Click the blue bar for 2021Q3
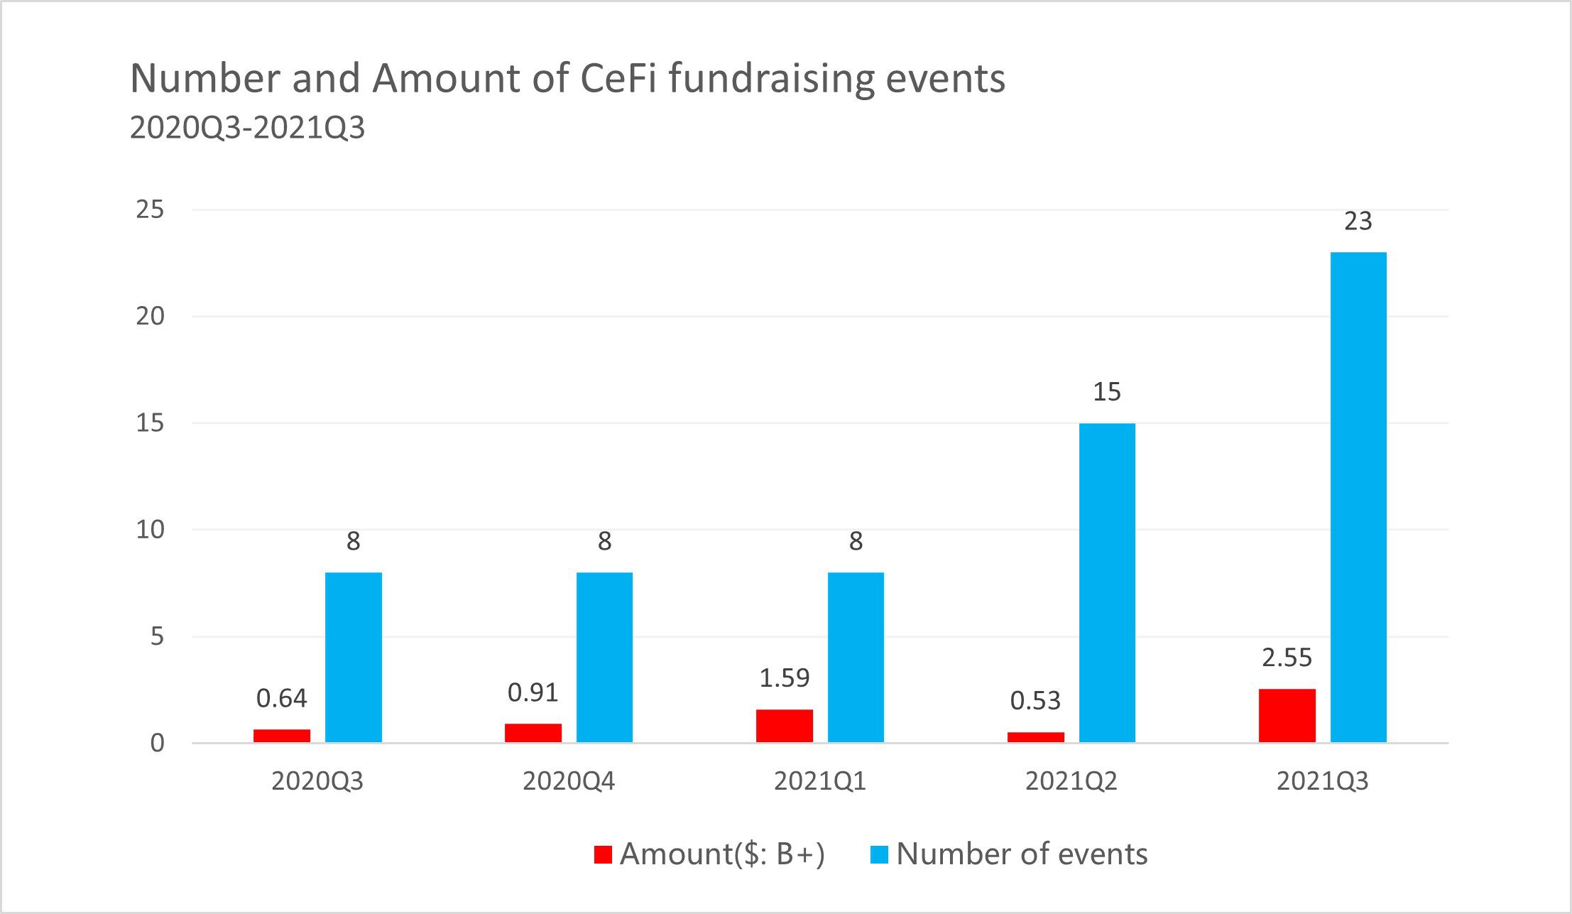pos(1358,497)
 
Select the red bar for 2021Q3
pos(1287,715)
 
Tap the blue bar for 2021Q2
pos(1107,582)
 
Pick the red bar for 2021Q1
pos(784,725)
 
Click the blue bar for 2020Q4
pos(604,657)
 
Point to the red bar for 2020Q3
pos(282,735)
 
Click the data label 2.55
pos(1287,658)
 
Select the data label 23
pos(1358,222)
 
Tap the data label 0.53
pos(1035,701)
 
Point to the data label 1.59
pos(784,678)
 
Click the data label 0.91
pos(533,692)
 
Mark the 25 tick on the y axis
pos(150,210)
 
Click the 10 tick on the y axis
pos(150,529)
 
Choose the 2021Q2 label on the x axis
pos(1071,781)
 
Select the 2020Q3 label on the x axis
pos(317,781)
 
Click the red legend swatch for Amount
pos(603,854)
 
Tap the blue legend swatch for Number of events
pos(879,854)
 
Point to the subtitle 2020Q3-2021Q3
pos(247,128)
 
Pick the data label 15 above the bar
pos(1107,392)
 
